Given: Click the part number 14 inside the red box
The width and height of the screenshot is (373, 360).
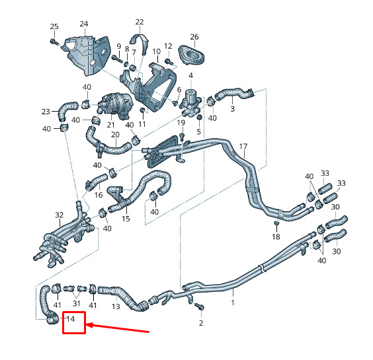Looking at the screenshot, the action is click(x=71, y=319).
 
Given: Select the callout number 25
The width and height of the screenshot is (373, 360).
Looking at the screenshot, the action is click(x=54, y=26).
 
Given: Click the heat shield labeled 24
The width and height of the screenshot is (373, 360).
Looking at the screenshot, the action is click(x=87, y=55).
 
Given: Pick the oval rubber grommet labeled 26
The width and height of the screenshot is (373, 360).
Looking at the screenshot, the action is click(x=191, y=55).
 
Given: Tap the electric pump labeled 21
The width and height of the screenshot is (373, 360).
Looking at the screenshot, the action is click(x=115, y=105).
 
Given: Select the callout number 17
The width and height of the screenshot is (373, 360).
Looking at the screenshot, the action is click(x=243, y=147).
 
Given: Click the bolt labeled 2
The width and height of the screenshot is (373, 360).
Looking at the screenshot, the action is click(x=199, y=306).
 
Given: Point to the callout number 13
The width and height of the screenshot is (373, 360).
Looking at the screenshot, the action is click(x=116, y=306).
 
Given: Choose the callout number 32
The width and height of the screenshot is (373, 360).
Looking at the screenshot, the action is click(x=60, y=215).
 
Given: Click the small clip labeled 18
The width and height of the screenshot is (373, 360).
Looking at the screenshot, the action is click(x=276, y=223).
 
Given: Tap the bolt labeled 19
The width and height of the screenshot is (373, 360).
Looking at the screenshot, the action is click(x=182, y=137).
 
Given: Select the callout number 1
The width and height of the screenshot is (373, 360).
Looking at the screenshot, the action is click(x=233, y=303).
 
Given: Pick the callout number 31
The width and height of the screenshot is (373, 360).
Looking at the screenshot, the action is click(x=76, y=303).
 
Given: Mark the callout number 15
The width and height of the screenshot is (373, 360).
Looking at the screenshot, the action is click(x=126, y=219).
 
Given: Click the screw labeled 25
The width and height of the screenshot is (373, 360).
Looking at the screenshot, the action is click(x=54, y=42).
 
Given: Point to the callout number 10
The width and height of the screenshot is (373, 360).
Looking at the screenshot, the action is click(x=157, y=52).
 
